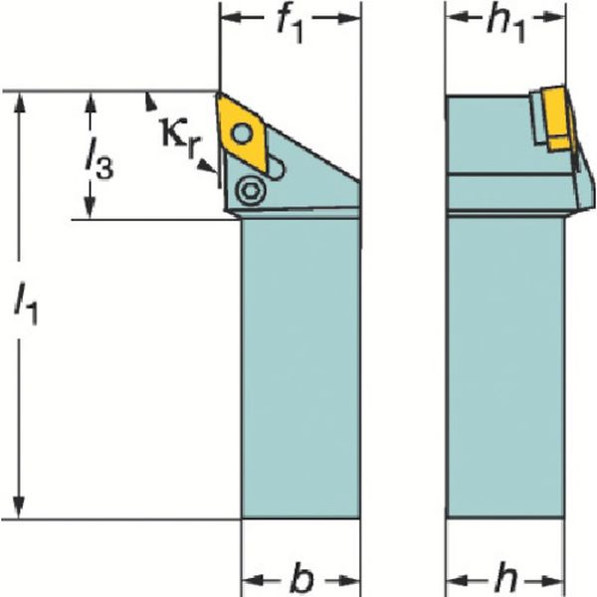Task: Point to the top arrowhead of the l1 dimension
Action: click(x=18, y=101)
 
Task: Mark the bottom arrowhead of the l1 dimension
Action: click(x=18, y=509)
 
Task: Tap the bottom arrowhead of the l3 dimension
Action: click(x=91, y=211)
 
